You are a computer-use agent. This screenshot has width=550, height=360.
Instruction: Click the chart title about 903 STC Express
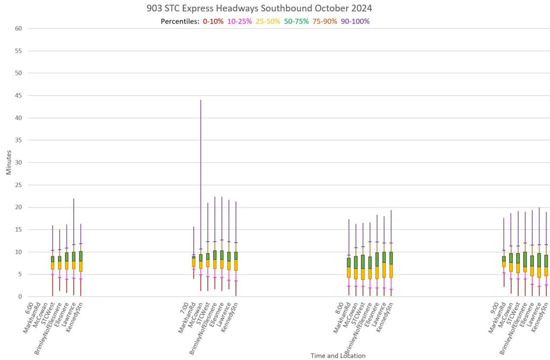click(x=259, y=9)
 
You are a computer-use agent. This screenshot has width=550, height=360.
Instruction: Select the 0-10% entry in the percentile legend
click(x=213, y=21)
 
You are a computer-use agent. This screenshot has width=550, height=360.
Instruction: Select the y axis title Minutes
click(x=8, y=162)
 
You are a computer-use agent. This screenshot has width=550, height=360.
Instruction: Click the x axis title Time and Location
click(x=338, y=356)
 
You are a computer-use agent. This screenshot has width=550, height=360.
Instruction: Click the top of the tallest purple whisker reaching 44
click(x=201, y=100)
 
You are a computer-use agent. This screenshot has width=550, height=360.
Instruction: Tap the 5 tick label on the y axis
click(x=19, y=274)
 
